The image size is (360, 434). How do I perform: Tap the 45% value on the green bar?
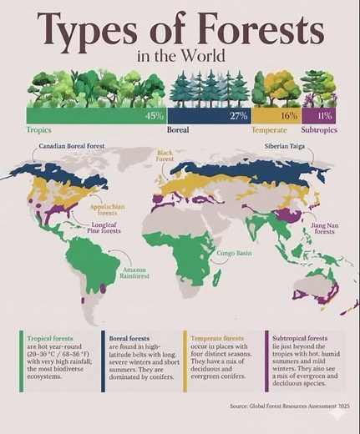coord(154,115)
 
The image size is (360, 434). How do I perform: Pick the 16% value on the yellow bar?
coord(288,115)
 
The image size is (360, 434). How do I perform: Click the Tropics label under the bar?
coord(39,130)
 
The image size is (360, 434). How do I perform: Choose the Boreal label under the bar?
coord(178,130)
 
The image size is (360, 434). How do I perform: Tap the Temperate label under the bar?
coord(269,130)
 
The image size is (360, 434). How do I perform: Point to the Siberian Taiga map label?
coord(285,146)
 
